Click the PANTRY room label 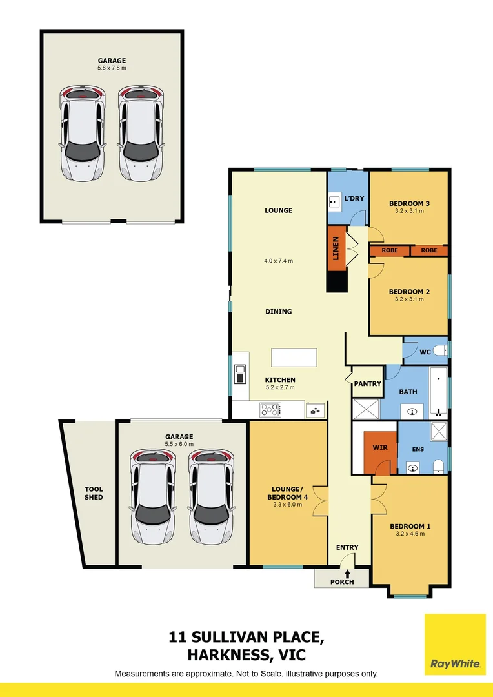pyautogui.click(x=367, y=384)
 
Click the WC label pyautogui.click(x=425, y=352)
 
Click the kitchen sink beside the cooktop pyautogui.click(x=316, y=409)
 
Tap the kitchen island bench pyautogui.click(x=294, y=357)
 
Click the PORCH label pyautogui.click(x=341, y=582)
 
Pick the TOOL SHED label pyautogui.click(x=94, y=493)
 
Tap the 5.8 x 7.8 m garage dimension pyautogui.click(x=112, y=67)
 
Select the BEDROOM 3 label pyautogui.click(x=409, y=204)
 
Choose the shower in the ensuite pyautogui.click(x=438, y=432)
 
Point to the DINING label pyautogui.click(x=279, y=312)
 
